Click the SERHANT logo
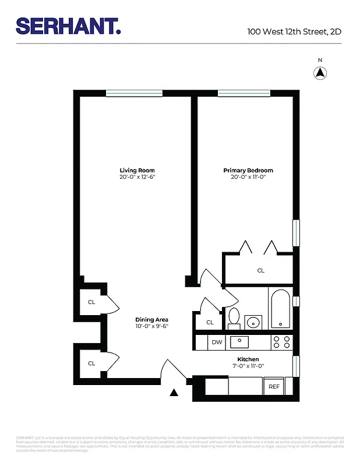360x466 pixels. [x=68, y=26]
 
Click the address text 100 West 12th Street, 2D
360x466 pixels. [x=294, y=31]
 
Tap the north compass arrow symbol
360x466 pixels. [x=320, y=73]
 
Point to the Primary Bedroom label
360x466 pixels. [x=248, y=171]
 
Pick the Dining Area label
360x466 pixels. [x=151, y=320]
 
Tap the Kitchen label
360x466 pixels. [x=248, y=359]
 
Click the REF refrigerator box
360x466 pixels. [x=273, y=386]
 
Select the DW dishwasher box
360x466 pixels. [x=216, y=343]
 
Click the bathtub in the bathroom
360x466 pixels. [x=280, y=308]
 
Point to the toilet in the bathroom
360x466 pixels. [x=234, y=317]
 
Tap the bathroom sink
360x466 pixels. [x=253, y=322]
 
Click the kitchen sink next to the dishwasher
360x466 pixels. [x=239, y=342]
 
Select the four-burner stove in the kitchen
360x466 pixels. [x=282, y=342]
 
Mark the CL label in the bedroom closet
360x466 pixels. [x=261, y=271]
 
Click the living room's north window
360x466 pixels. [x=134, y=93]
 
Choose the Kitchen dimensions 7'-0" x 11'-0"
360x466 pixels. [x=248, y=366]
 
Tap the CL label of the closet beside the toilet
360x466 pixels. [x=210, y=322]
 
